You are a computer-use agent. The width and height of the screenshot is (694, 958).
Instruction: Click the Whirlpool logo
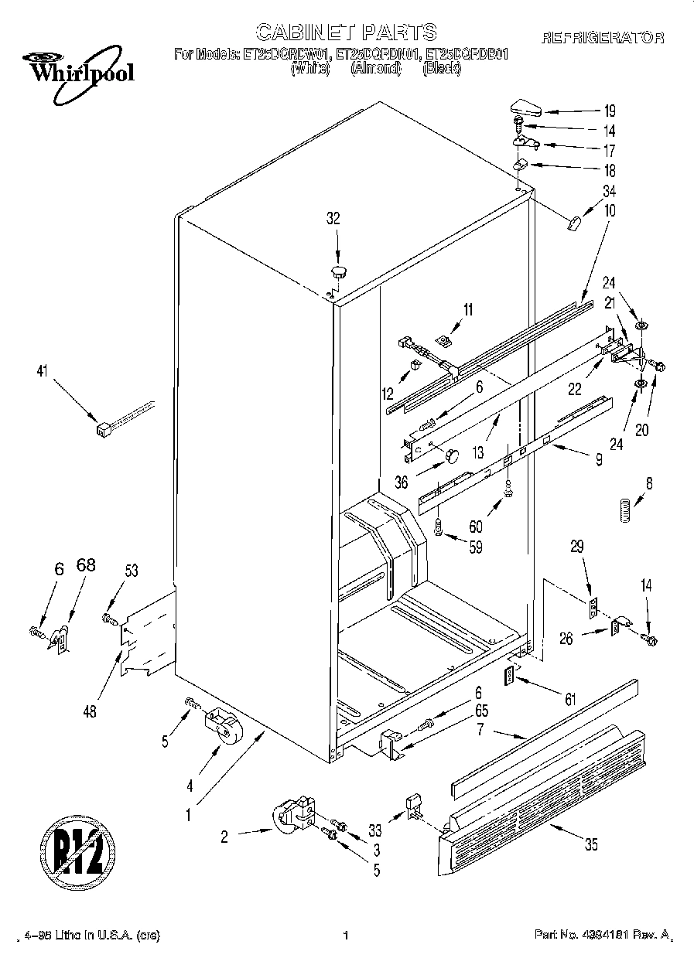tap(76, 70)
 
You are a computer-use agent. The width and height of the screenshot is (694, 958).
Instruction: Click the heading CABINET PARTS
tap(346, 32)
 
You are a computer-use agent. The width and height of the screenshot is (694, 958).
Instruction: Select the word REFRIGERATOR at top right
tap(603, 37)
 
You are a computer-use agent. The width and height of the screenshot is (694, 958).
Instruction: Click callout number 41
tap(41, 372)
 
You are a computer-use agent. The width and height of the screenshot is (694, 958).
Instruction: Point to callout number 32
tap(333, 219)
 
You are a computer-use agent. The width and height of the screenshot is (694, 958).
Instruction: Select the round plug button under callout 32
tap(339, 271)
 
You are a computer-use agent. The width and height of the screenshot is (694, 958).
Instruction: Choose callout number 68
tap(85, 565)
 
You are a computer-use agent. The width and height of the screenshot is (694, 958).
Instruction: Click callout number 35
tap(591, 845)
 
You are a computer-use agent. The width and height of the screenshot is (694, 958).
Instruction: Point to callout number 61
tap(570, 701)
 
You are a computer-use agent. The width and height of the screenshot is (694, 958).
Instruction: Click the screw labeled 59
tap(438, 529)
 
